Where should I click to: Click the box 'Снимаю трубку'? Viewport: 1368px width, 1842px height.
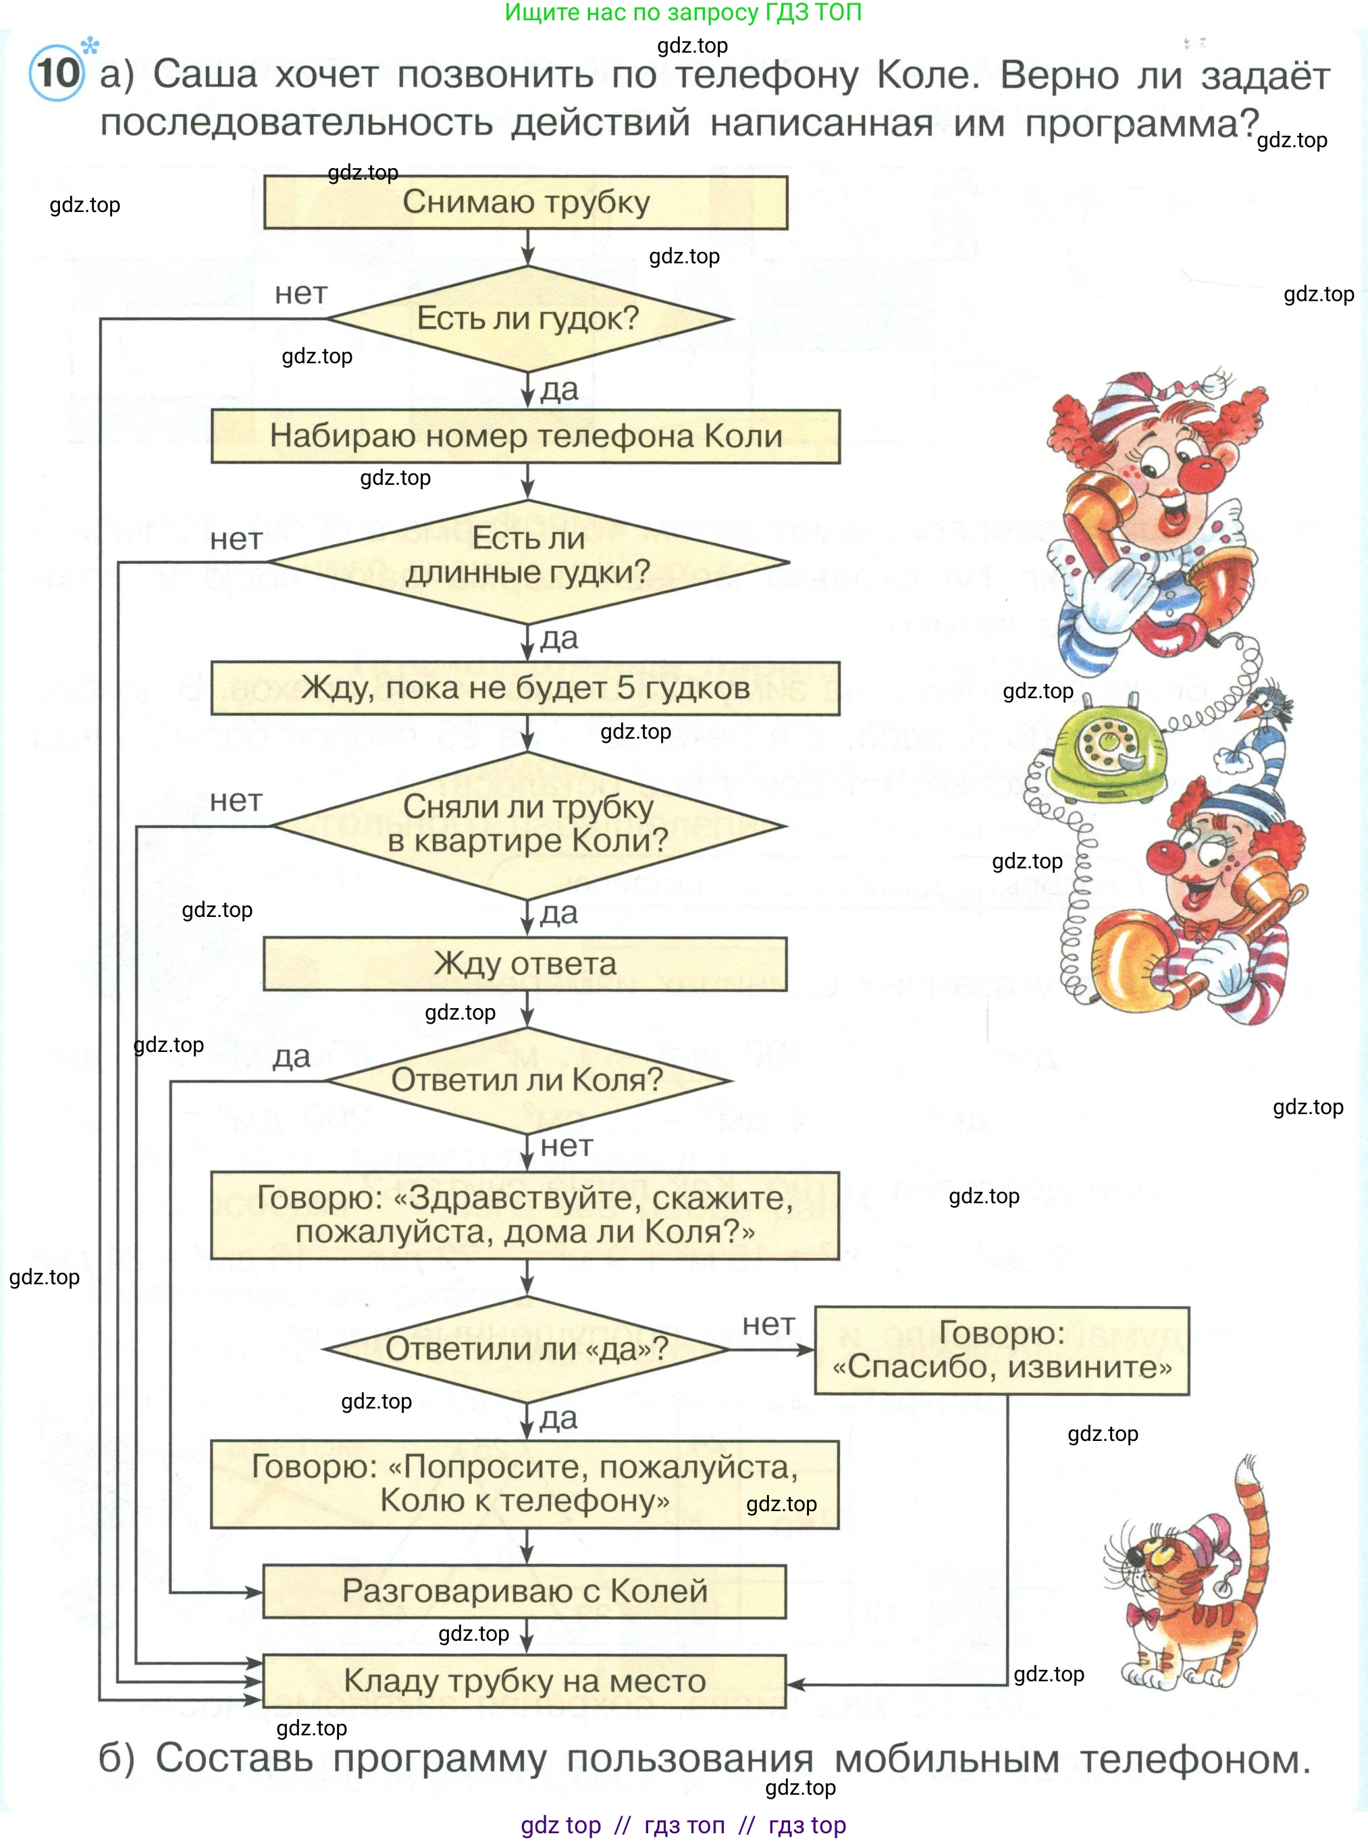click(525, 203)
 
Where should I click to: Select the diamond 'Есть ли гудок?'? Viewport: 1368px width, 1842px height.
click(528, 319)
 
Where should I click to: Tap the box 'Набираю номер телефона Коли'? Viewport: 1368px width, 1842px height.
click(525, 436)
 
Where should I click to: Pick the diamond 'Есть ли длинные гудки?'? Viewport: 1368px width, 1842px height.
click(528, 562)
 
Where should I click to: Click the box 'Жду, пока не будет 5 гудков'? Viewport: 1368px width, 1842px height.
click(525, 688)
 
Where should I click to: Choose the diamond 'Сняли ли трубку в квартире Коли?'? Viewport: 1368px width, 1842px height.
click(528, 825)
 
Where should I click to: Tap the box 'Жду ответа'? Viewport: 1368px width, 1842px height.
click(525, 964)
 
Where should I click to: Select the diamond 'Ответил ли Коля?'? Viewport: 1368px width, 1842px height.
click(528, 1080)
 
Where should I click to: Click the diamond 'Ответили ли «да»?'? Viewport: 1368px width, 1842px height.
click(527, 1349)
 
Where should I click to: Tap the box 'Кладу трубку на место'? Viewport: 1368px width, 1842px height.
click(524, 1681)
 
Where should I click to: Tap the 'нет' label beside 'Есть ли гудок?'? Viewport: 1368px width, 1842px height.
click(301, 293)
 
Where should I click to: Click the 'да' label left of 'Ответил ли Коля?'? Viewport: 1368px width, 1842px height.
click(292, 1057)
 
